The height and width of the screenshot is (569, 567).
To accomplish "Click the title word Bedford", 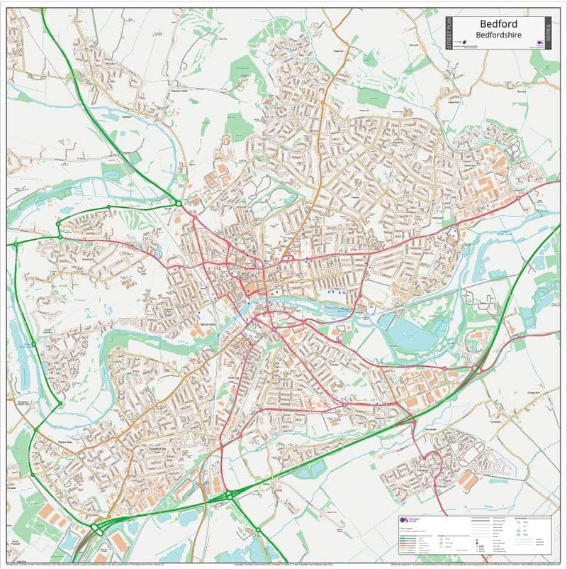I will click(498, 23).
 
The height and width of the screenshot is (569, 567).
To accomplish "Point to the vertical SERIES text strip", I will click(546, 33).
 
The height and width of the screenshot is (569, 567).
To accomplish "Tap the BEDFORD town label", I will click(208, 324).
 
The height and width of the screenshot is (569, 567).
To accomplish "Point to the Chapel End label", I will click(533, 392).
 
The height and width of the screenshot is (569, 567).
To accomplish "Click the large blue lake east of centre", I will click(409, 333).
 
